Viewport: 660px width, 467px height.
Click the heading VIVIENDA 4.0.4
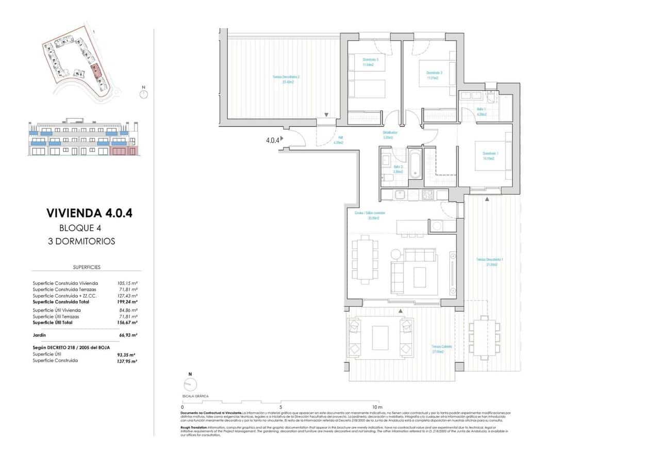coord(89,213)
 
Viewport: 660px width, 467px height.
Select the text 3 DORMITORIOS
coord(87,241)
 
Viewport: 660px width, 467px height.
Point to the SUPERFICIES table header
coord(86,267)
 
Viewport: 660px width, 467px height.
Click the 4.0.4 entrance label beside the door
coord(272,139)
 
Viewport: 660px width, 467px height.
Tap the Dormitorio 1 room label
coord(488,155)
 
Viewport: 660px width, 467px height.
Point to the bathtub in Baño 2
coord(415,163)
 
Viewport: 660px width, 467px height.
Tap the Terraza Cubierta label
coord(442,349)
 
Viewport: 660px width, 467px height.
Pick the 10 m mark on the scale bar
coord(376,407)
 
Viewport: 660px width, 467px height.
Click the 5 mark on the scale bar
coord(280,407)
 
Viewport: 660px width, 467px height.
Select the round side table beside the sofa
coord(395,254)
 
